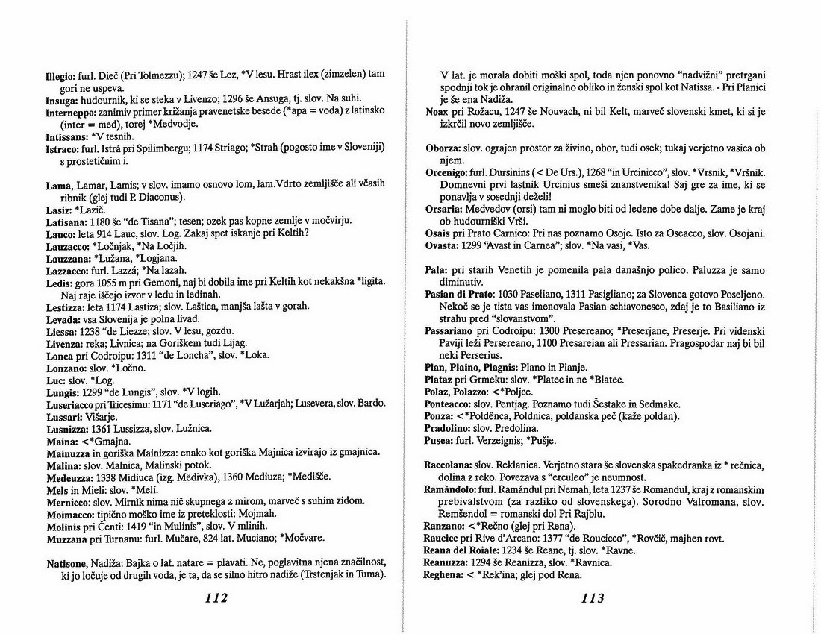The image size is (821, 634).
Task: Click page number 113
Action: [x=591, y=597]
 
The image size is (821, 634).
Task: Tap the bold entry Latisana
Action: [x=66, y=222]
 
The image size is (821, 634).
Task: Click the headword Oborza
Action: [x=443, y=148]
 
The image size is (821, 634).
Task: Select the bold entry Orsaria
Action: [x=444, y=209]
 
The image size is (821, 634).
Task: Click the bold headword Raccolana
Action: [x=449, y=465]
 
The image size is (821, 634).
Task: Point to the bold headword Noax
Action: [x=437, y=111]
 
